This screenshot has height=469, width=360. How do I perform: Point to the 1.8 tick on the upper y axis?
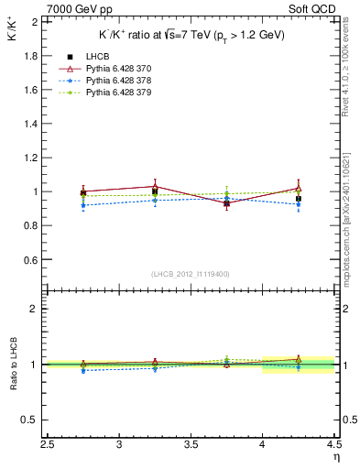coord(29,55)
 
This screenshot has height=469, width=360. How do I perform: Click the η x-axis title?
coord(336,456)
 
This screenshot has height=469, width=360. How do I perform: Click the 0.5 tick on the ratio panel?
coord(29,420)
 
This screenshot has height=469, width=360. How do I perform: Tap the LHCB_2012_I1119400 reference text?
coord(191,274)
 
